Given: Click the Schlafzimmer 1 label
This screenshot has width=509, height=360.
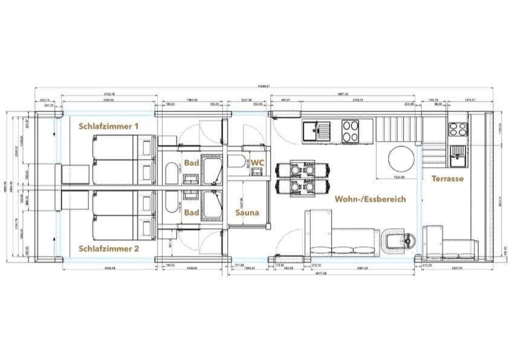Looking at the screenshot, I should pyautogui.click(x=109, y=126).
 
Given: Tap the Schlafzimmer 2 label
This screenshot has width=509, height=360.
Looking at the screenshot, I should pyautogui.click(x=109, y=249).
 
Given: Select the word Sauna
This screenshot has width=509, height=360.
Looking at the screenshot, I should pyautogui.click(x=247, y=212).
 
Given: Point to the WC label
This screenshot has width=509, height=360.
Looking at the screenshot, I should pyautogui.click(x=258, y=163).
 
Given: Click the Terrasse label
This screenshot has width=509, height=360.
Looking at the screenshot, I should pyautogui.click(x=447, y=179).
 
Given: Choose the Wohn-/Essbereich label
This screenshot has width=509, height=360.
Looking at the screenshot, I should pyautogui.click(x=370, y=198).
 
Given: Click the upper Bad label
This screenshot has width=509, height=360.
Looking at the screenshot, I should pyautogui.click(x=192, y=163).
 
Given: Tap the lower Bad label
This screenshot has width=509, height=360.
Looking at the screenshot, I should pyautogui.click(x=192, y=212).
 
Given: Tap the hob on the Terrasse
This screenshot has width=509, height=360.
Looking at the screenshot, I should pyautogui.click(x=458, y=129).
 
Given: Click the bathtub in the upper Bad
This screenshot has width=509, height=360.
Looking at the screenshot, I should pyautogui.click(x=172, y=175).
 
